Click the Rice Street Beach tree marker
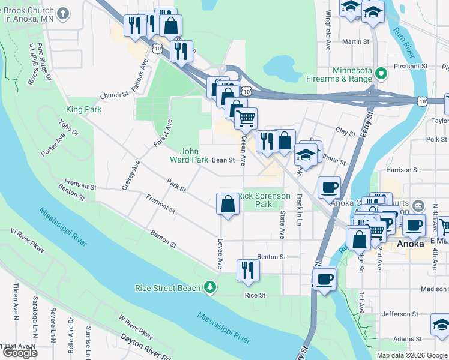[209, 288]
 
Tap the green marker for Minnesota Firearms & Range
[379, 74]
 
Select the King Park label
[83, 110]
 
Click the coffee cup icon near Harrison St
[329, 187]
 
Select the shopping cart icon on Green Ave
[246, 119]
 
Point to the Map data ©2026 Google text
[412, 355]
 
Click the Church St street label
[115, 95]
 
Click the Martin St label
[355, 42]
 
